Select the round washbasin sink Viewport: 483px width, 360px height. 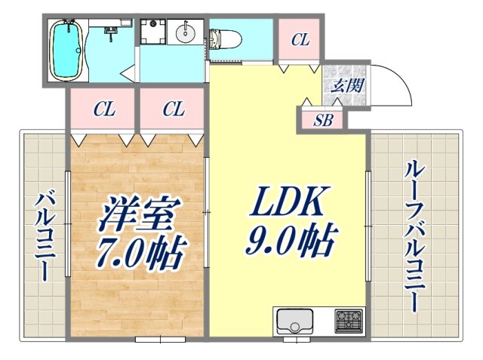186,33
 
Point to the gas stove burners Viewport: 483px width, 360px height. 348,322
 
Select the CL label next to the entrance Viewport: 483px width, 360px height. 300,40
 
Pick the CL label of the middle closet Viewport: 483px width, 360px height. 173,110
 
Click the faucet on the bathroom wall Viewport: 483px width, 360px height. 112,33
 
